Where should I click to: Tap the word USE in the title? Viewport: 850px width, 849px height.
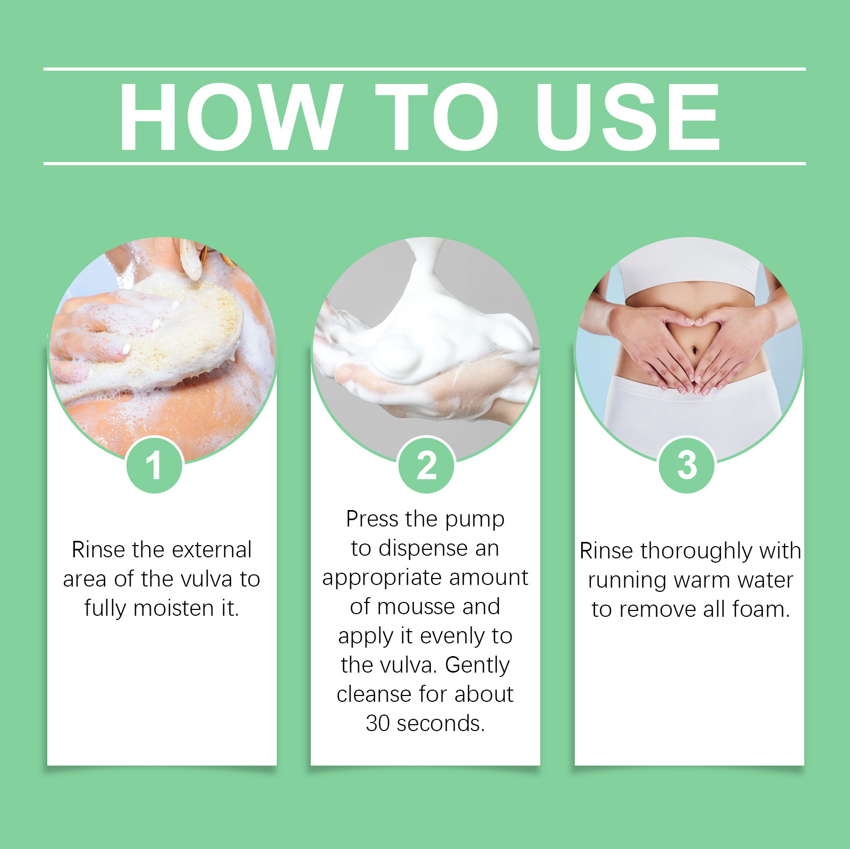627,117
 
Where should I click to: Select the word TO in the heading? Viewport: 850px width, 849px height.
437,117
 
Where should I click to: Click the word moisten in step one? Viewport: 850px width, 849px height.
174,608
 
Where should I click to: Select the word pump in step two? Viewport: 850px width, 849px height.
474,520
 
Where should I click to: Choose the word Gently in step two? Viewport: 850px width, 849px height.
477,665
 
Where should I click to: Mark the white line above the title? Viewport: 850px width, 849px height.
425,69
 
